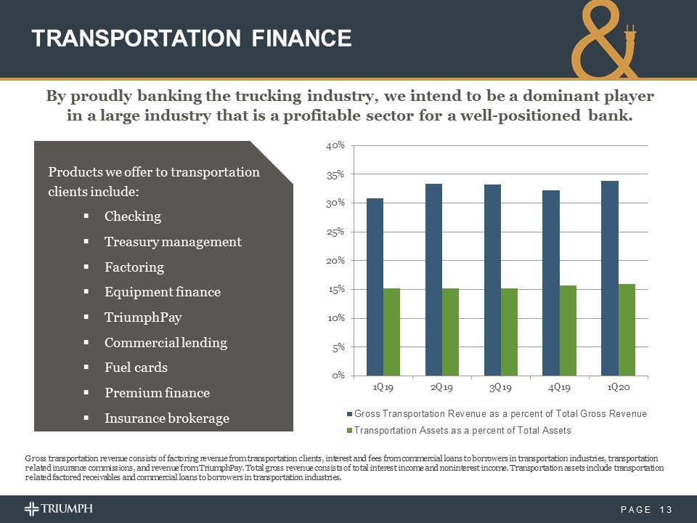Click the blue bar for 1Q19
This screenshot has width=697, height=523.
click(x=375, y=287)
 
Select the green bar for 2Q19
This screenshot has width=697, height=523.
click(x=450, y=332)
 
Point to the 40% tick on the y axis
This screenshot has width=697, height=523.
click(x=335, y=146)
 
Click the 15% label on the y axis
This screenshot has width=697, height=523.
click(x=335, y=289)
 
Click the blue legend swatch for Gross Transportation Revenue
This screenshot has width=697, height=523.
click(x=348, y=414)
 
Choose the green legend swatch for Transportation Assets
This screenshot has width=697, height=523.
click(x=348, y=430)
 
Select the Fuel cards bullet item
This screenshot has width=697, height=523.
click(x=136, y=368)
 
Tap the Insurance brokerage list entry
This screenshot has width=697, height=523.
click(x=166, y=418)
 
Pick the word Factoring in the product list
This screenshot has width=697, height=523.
click(x=134, y=267)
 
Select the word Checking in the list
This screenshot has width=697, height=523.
click(x=133, y=216)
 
